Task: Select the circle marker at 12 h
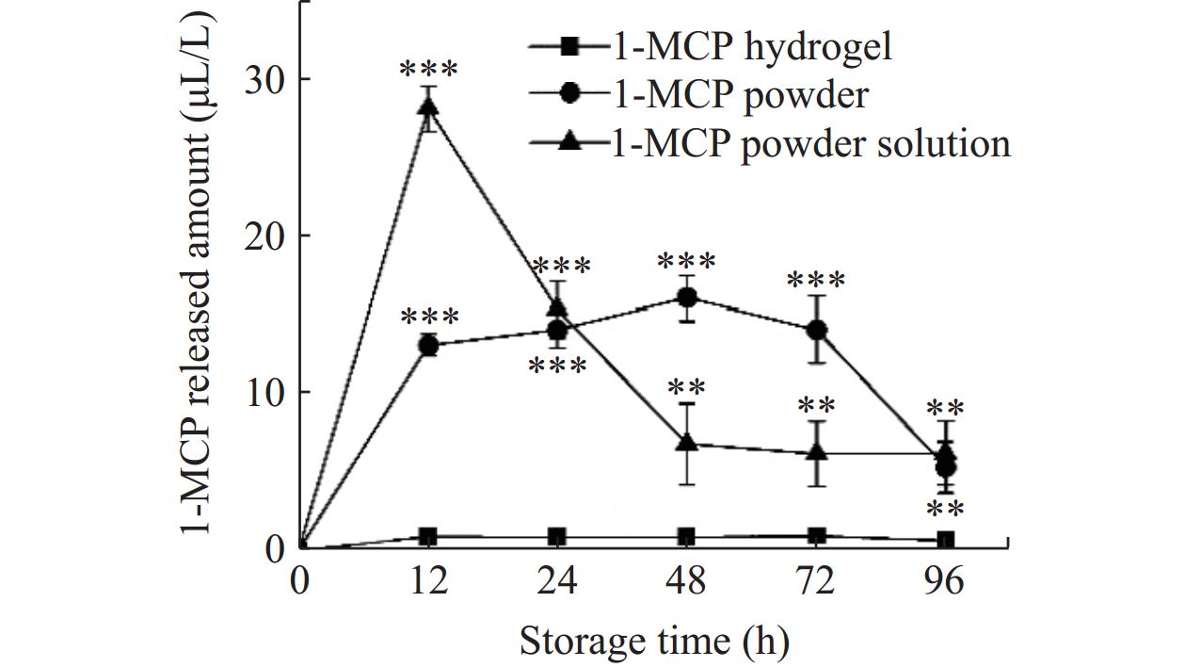pyautogui.click(x=428, y=345)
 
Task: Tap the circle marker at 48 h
pyautogui.click(x=687, y=298)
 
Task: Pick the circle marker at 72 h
pyautogui.click(x=817, y=330)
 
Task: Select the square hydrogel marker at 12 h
pyautogui.click(x=428, y=537)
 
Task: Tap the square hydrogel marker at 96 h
pyautogui.click(x=946, y=540)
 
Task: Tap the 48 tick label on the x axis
pyautogui.click(x=687, y=581)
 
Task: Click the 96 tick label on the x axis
pyautogui.click(x=946, y=581)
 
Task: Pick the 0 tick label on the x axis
pyautogui.click(x=299, y=581)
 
